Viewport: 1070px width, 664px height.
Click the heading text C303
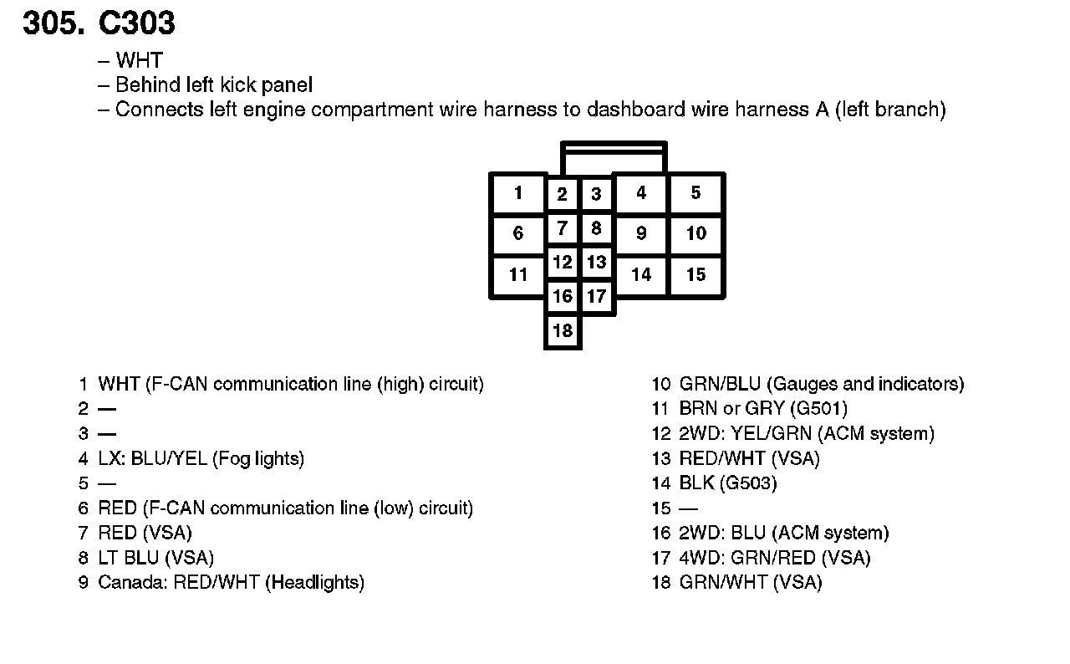pyautogui.click(x=137, y=23)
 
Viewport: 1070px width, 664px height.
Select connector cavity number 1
pyautogui.click(x=518, y=194)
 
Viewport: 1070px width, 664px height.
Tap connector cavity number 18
pyautogui.click(x=563, y=331)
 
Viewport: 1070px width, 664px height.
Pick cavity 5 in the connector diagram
pyautogui.click(x=695, y=194)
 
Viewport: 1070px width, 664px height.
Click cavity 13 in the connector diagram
pyautogui.click(x=596, y=263)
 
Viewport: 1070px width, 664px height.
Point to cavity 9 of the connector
pyautogui.click(x=641, y=234)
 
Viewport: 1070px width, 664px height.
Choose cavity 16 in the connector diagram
pyautogui.click(x=563, y=296)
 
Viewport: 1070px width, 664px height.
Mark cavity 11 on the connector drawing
pyautogui.click(x=518, y=275)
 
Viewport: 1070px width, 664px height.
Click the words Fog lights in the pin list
pyautogui.click(x=258, y=458)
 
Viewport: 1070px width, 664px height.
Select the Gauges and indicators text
pyautogui.click(x=864, y=385)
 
